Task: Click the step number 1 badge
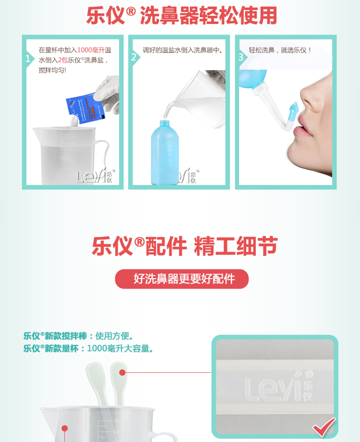(28, 59)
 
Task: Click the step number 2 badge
(134, 57)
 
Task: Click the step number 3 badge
(240, 57)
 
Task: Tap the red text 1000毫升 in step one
(91, 50)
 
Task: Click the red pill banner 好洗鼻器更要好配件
(182, 279)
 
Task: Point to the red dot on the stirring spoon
(122, 372)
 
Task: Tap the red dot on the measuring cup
(64, 428)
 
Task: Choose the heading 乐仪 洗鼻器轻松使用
(181, 16)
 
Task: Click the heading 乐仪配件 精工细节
(184, 246)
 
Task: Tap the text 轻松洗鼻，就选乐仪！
(280, 49)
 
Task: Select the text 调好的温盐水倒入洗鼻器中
(183, 50)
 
